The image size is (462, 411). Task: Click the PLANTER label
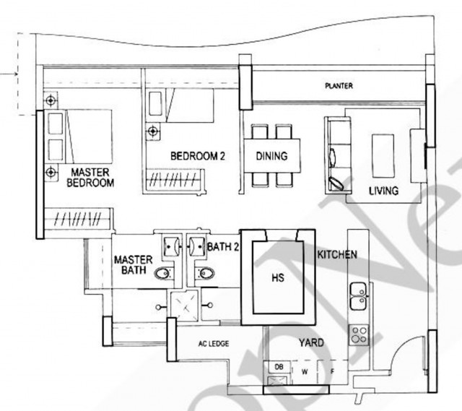click(339, 86)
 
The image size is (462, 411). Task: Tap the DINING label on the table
click(271, 156)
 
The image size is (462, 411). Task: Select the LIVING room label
click(383, 191)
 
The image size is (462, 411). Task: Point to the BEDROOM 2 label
click(198, 156)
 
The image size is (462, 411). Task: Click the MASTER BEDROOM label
click(90, 178)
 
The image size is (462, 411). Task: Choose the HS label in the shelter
click(278, 277)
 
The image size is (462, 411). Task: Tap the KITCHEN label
click(337, 254)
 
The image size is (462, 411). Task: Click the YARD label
click(311, 342)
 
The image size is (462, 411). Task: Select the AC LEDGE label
click(214, 344)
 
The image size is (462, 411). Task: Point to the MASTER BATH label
click(133, 265)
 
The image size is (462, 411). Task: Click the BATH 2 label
click(223, 247)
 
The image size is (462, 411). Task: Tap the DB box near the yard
click(279, 367)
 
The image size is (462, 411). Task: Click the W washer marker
click(305, 372)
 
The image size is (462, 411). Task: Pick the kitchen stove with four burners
click(359, 335)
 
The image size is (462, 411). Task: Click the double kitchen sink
click(358, 296)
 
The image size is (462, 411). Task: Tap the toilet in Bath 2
click(205, 273)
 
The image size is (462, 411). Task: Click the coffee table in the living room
click(383, 156)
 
